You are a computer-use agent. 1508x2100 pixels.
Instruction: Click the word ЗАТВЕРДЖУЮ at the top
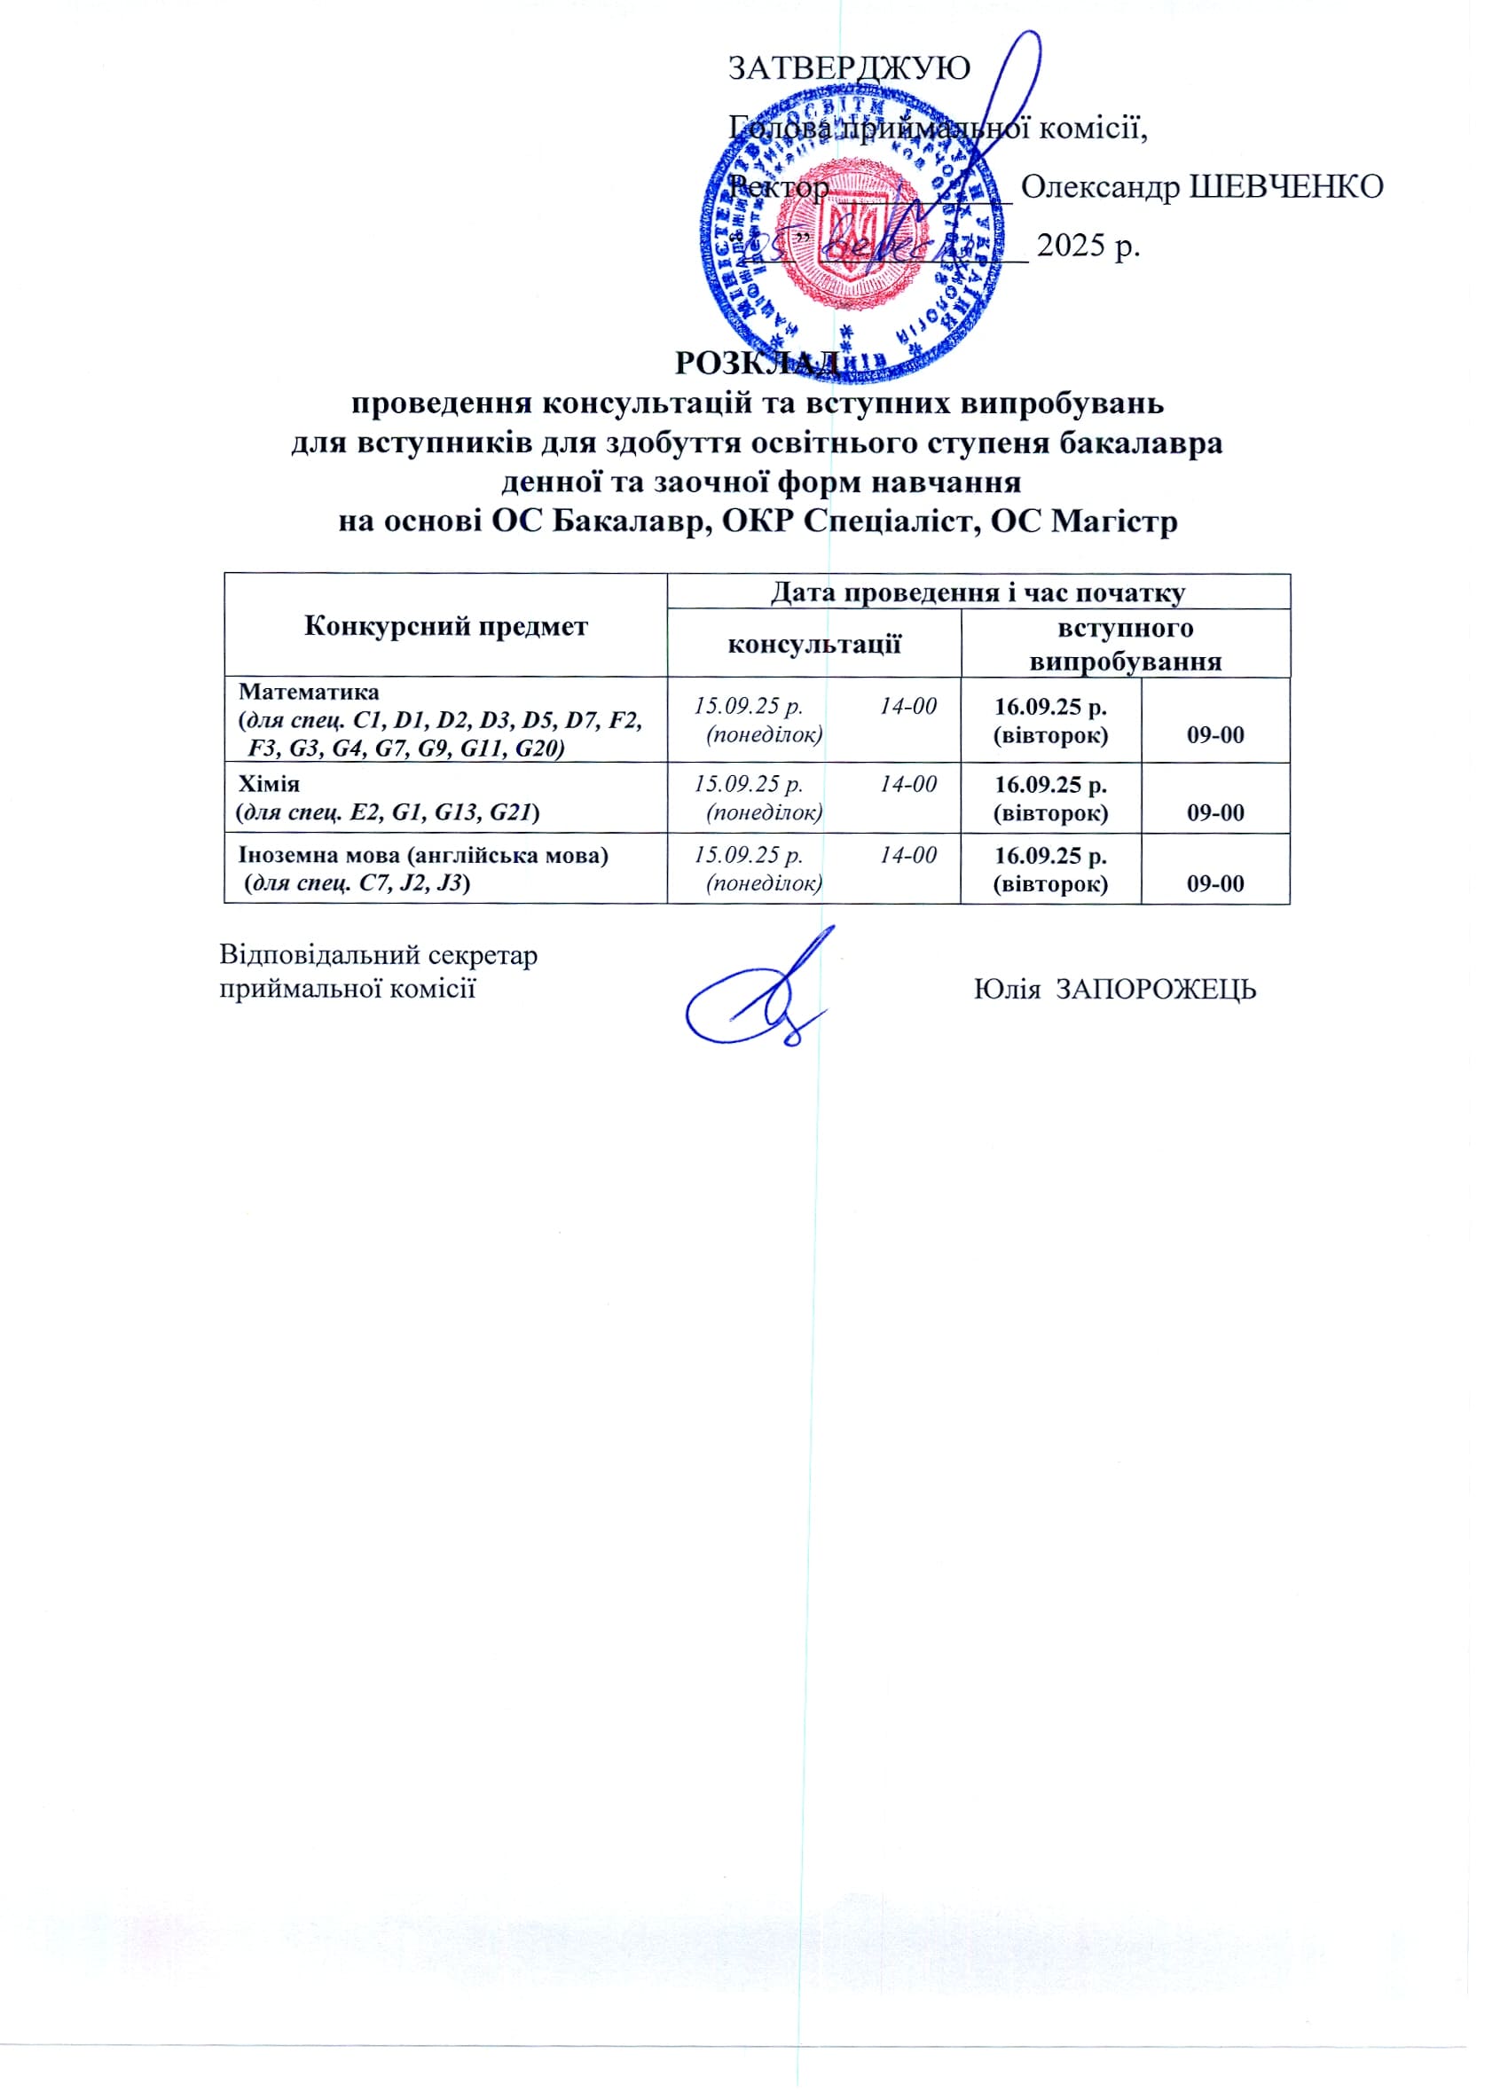(849, 67)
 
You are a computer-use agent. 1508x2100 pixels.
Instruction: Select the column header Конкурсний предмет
(445, 627)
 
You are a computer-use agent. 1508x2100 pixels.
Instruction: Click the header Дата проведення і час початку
(978, 592)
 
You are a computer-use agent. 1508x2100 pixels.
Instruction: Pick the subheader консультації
(814, 644)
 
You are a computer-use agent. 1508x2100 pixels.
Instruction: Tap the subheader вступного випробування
(1125, 645)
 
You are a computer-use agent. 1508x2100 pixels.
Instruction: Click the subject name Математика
(310, 692)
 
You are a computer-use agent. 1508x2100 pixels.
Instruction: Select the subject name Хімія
(270, 784)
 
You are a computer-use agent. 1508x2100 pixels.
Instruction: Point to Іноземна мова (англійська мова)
(423, 855)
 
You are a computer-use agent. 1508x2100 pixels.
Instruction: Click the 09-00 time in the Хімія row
(1215, 813)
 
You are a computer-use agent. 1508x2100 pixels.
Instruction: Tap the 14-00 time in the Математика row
(907, 707)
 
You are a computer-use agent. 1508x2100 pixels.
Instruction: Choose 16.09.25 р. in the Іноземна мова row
(1050, 855)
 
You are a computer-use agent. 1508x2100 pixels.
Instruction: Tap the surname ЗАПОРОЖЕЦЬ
(1156, 990)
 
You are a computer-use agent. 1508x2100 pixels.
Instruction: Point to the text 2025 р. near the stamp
(1088, 246)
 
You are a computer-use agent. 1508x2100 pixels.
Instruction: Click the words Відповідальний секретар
(378, 954)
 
